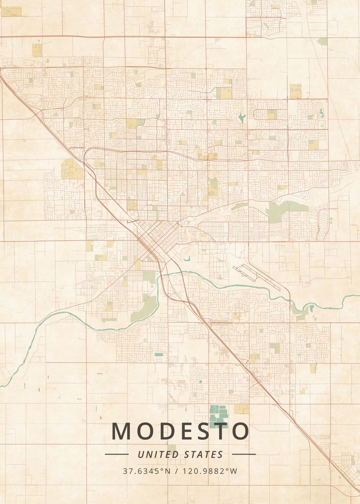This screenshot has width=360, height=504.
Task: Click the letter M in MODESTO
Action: coord(121,431)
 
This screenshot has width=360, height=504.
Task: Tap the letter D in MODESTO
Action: coord(166,431)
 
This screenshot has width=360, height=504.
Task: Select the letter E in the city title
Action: coord(184,431)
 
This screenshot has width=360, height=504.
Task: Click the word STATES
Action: coord(204,454)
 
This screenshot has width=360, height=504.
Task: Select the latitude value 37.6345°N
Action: coord(147,471)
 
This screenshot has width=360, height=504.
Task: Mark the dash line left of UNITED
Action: coord(116,454)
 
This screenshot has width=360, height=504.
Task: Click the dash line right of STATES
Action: coord(244,454)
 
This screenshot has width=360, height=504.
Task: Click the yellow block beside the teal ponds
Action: coord(242,409)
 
